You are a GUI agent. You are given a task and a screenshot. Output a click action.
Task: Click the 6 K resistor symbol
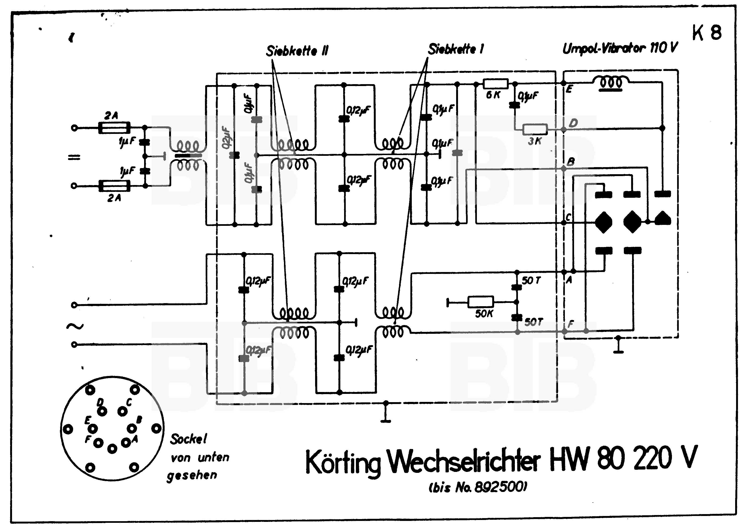(495, 84)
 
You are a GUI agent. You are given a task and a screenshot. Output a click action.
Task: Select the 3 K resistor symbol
(535, 130)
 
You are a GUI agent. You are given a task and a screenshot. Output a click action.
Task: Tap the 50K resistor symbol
(480, 302)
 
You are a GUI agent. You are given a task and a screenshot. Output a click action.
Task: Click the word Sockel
(188, 439)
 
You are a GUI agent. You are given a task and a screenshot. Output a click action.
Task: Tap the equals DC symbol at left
(74, 158)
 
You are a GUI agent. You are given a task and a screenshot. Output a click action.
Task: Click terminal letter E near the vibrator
(569, 89)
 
